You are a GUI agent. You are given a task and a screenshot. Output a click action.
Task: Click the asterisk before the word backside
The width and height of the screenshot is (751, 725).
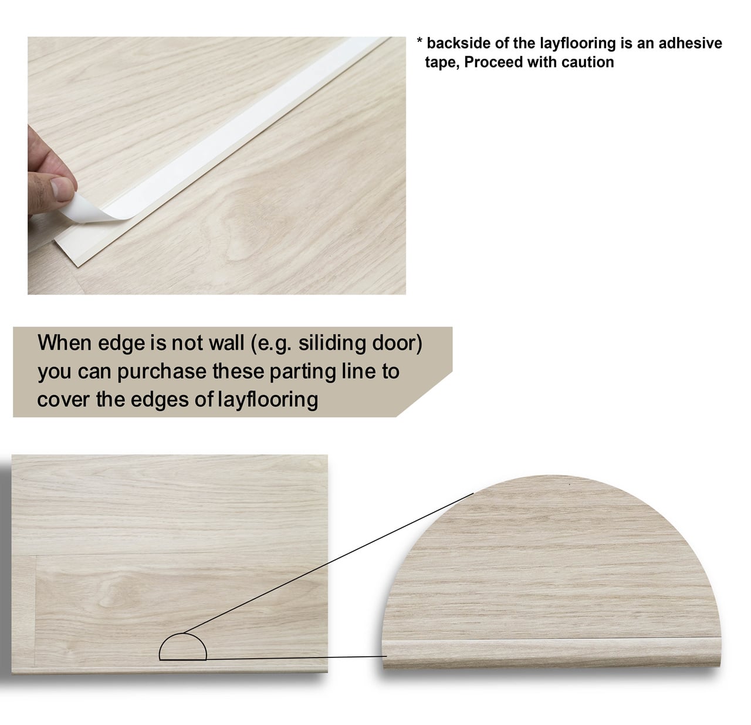(x=420, y=40)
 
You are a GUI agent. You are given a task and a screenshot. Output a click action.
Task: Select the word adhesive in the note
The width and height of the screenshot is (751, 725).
(x=690, y=43)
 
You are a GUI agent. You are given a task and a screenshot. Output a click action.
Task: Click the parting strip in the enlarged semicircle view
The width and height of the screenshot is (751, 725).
(x=551, y=652)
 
